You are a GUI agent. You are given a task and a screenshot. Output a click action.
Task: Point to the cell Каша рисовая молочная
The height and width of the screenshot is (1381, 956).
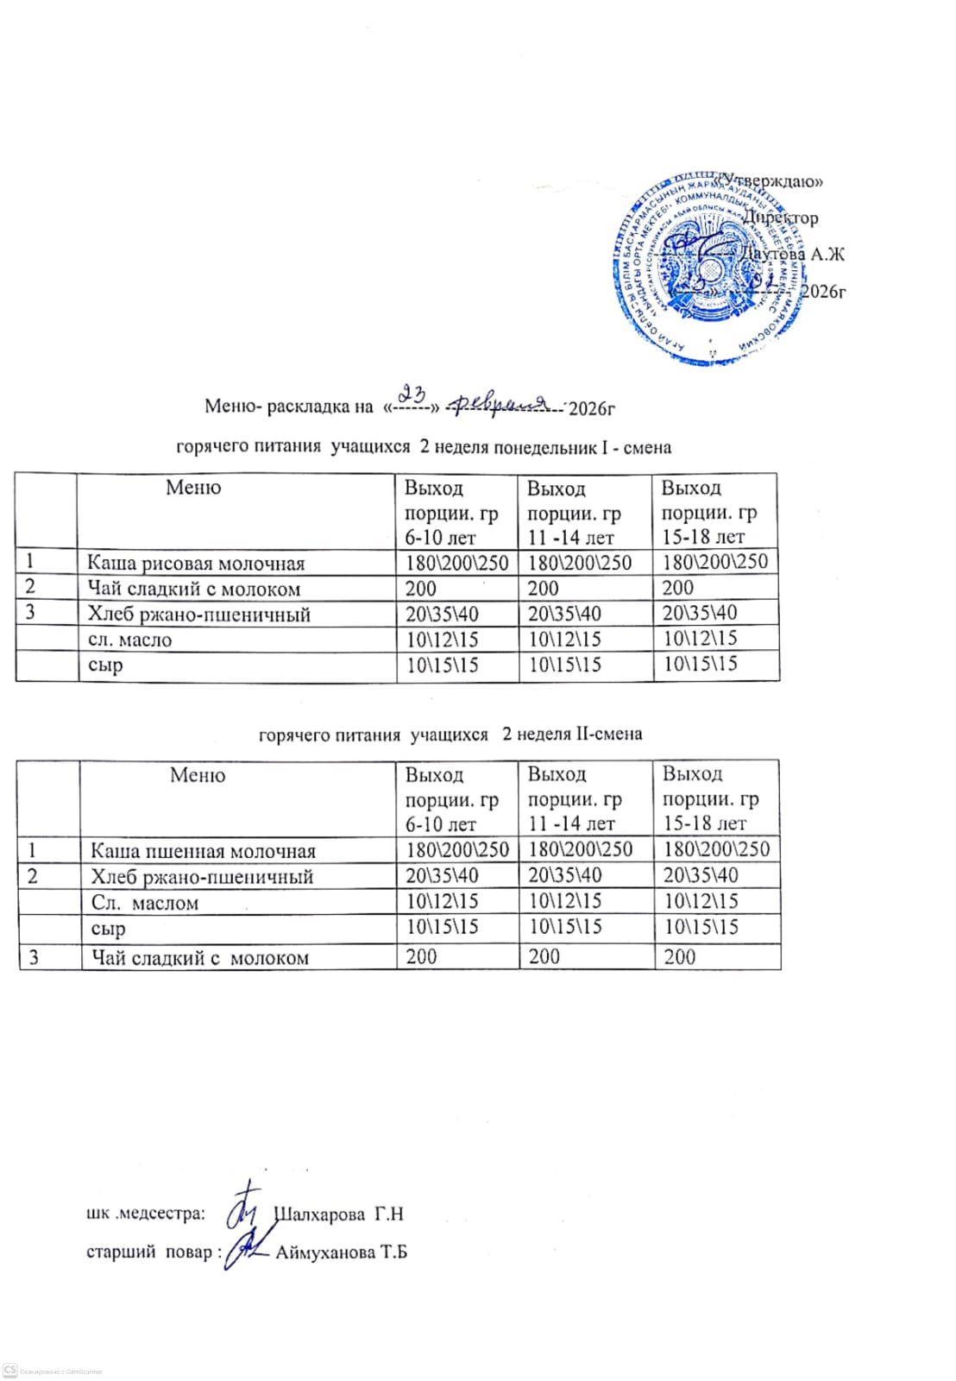pos(196,564)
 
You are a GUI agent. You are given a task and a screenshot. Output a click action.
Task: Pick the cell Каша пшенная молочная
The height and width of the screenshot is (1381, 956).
pos(204,851)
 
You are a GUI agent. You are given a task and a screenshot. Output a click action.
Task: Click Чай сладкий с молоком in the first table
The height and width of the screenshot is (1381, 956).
pos(194,590)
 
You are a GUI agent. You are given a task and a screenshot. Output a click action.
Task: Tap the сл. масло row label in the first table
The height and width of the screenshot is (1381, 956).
pos(130,640)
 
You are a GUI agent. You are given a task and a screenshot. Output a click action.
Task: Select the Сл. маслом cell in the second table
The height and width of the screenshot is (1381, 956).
pos(145,903)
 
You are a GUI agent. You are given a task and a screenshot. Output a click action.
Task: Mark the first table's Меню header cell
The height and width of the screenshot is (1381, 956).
pos(193,488)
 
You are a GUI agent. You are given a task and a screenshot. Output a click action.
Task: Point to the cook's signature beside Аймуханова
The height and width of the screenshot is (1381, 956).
pos(245,1248)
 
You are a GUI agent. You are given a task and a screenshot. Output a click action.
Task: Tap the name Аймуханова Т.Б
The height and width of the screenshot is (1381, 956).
pos(341,1252)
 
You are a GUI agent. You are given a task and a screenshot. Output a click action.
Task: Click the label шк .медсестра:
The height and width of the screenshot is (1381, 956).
pos(147,1214)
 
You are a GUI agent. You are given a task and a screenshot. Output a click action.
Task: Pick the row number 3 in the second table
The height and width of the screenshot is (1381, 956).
pos(34,957)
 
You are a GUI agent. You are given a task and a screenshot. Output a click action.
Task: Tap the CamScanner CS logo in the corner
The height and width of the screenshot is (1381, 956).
pos(10,1370)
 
